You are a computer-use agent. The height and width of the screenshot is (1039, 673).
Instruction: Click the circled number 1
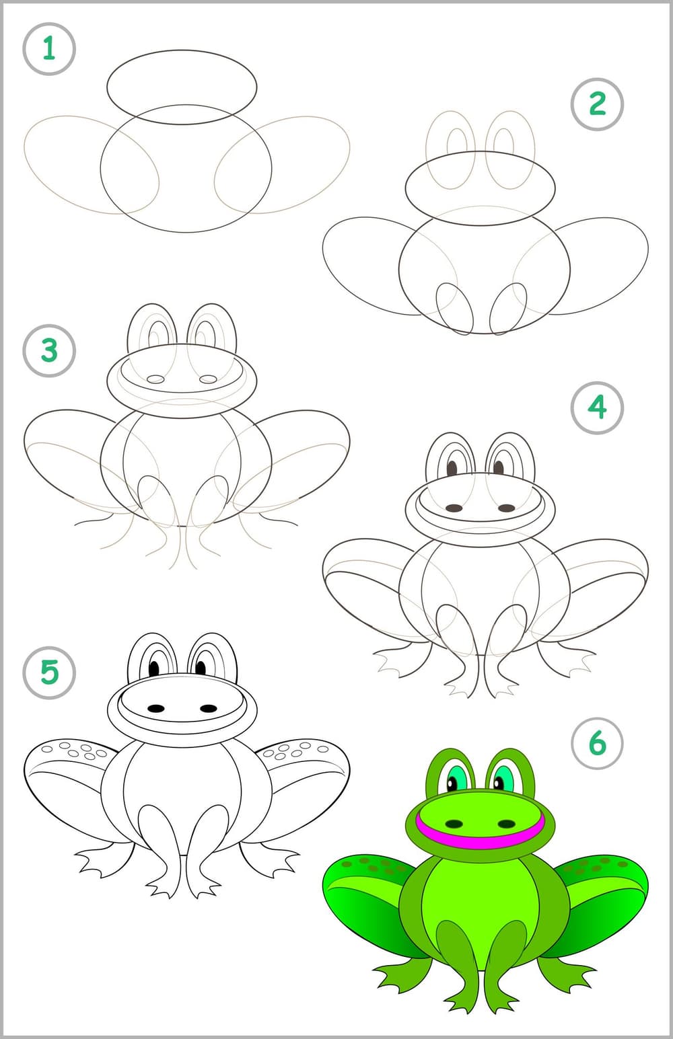[x=48, y=48]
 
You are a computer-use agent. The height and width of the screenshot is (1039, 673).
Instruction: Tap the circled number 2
[x=597, y=104]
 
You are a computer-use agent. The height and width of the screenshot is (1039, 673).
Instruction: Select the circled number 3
[x=48, y=350]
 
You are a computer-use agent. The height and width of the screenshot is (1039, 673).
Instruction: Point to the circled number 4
[x=597, y=408]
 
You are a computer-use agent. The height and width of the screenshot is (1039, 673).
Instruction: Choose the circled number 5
[x=48, y=672]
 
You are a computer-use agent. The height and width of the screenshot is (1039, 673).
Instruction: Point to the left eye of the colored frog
[x=456, y=779]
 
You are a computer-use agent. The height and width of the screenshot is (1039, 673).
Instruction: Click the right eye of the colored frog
[x=503, y=779]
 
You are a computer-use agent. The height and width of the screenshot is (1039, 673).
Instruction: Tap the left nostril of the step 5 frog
[x=156, y=709]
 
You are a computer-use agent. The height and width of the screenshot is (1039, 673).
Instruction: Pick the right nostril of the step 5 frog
[x=209, y=709]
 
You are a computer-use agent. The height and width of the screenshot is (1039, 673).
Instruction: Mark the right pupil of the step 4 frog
[x=499, y=468]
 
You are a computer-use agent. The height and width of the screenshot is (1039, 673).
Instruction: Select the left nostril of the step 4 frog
[x=454, y=508]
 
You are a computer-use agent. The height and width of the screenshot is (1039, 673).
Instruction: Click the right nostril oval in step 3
[x=208, y=379]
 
